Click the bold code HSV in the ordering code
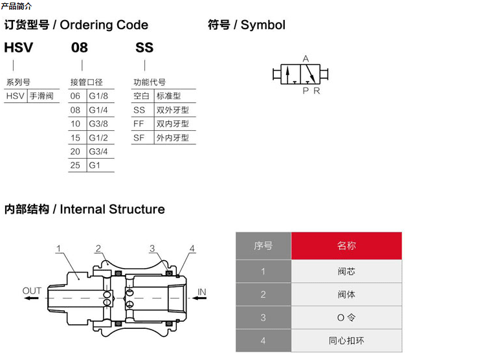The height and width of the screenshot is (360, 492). coord(18,48)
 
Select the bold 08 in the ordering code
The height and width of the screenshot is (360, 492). coord(79,48)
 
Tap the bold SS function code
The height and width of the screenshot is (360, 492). coord(144,48)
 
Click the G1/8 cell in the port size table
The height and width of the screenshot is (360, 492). coord(98,96)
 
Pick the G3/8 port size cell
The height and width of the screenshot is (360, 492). coord(98,124)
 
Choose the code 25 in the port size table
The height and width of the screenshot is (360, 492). coord(76,165)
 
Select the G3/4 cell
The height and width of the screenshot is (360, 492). coord(98,152)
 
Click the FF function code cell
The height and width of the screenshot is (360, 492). coord(139,124)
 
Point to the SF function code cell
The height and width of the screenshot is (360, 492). coord(139,137)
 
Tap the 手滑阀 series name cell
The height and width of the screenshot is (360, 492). coord(42,96)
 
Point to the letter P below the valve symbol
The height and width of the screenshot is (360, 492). coord(306,91)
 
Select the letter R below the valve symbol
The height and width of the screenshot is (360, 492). coord(317,91)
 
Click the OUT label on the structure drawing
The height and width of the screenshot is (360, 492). coord(32,291)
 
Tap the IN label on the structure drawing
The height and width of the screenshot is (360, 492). coord(201,292)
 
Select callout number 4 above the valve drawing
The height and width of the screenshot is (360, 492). coord(192,249)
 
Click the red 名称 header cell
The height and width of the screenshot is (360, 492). coord(346,246)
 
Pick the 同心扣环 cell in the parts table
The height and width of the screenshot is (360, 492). coord(346,340)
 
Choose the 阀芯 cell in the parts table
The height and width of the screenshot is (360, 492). coord(346,271)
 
